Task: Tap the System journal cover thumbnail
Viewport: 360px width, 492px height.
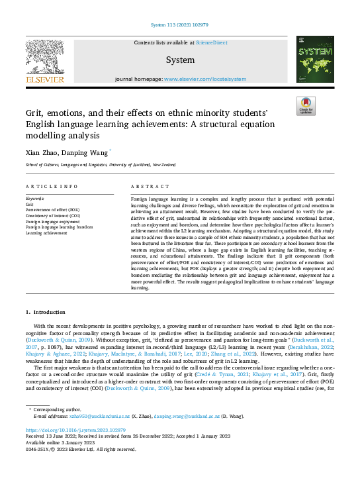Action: click(314, 59)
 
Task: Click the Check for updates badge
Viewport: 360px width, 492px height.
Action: click(306, 106)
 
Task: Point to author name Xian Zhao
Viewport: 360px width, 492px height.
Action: click(41, 152)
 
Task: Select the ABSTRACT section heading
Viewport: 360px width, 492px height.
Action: click(146, 187)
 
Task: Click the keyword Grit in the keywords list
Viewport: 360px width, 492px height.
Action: click(28, 205)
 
